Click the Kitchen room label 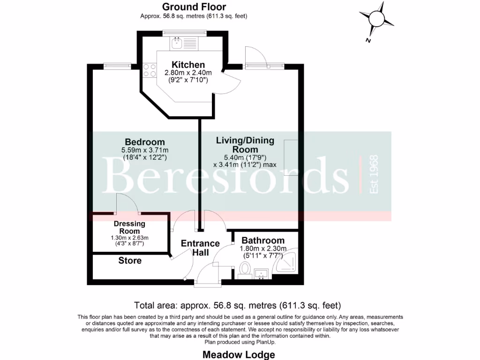pos(188,65)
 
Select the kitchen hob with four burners pos(150,70)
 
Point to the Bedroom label pos(144,142)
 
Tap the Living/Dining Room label pos(245,144)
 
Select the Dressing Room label pos(129,227)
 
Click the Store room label pos(130,261)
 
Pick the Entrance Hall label pos(200,248)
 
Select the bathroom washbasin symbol pos(261,273)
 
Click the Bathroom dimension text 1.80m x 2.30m pos(263,249)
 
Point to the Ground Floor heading pos(194,7)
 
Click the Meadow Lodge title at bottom pos(239,354)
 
